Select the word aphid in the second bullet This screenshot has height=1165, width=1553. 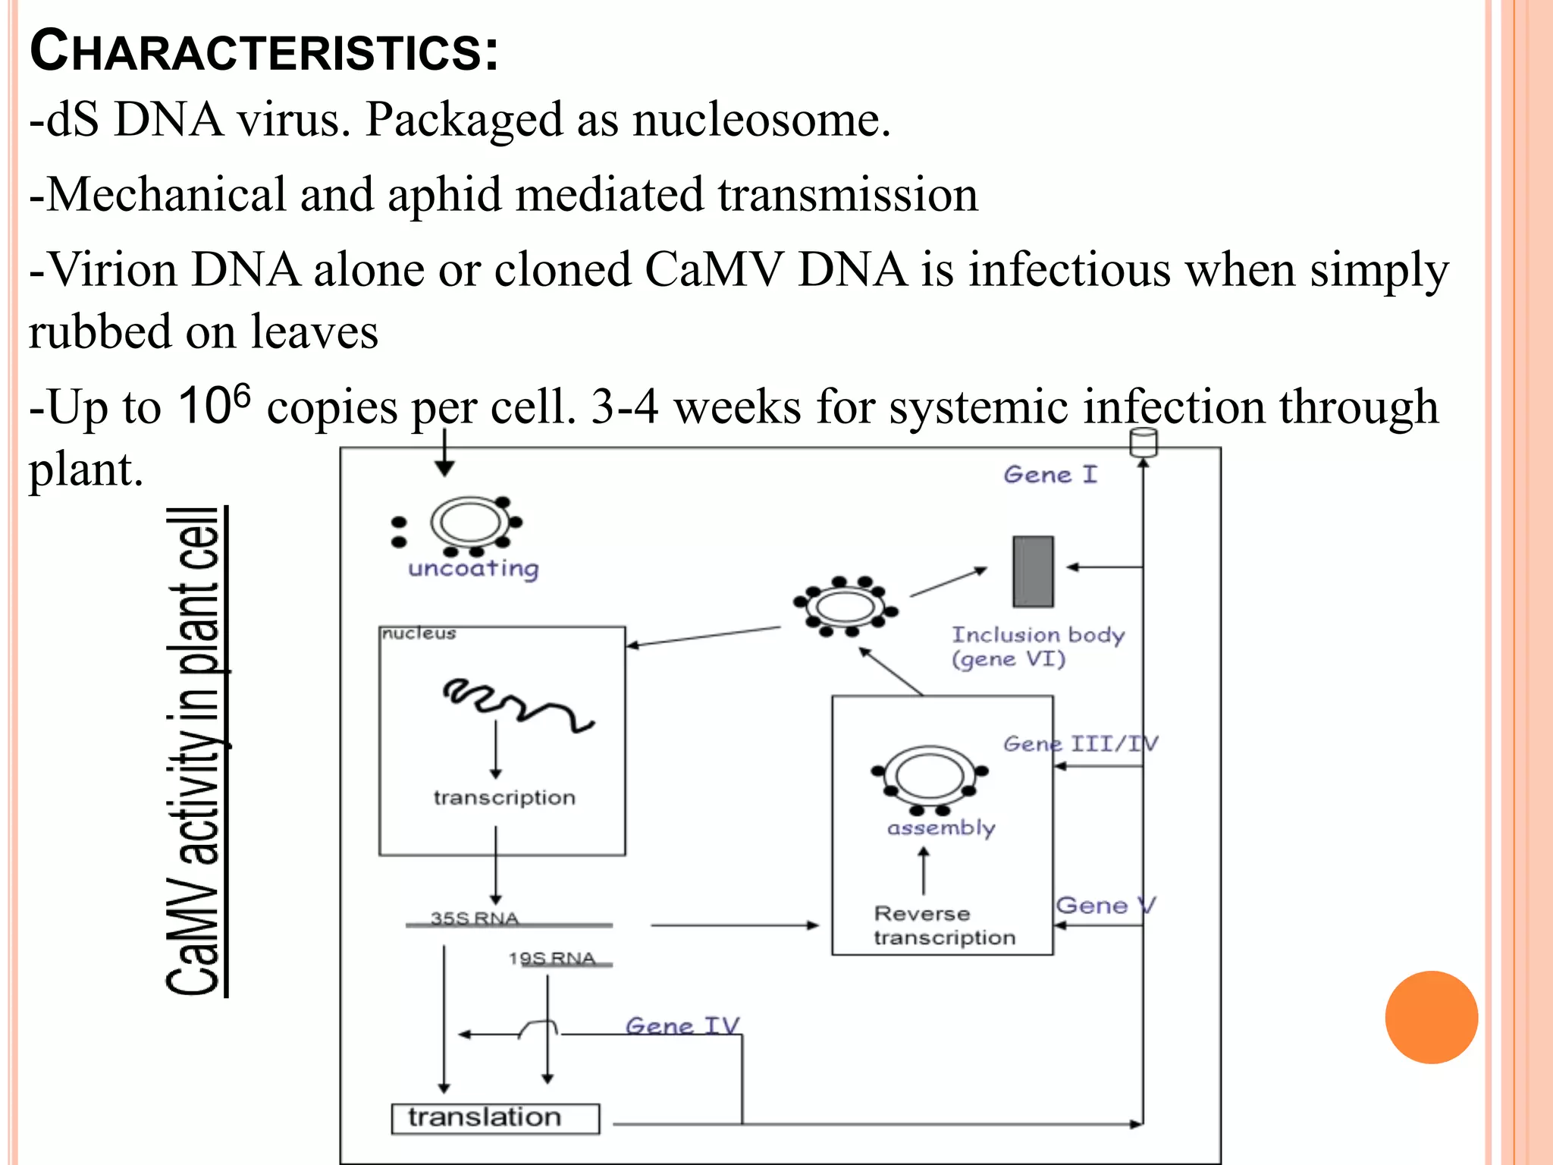(x=444, y=194)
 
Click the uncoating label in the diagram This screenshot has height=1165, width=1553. (x=473, y=568)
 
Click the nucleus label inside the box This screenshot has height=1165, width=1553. (x=419, y=633)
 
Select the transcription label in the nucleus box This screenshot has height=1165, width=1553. (x=504, y=797)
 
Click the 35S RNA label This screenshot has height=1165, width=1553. (x=475, y=918)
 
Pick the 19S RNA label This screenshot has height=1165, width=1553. (x=552, y=958)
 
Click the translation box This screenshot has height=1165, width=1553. (x=495, y=1118)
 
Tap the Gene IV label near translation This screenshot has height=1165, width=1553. (x=682, y=1025)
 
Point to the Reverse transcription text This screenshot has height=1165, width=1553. (x=943, y=925)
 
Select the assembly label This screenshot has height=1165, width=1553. (x=941, y=827)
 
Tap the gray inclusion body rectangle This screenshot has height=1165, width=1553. (x=1033, y=571)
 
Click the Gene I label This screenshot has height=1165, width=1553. (x=1050, y=475)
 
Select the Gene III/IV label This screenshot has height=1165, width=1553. (x=1081, y=743)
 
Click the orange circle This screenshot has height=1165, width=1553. (x=1431, y=1017)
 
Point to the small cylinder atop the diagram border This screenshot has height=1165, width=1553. (x=1144, y=442)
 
